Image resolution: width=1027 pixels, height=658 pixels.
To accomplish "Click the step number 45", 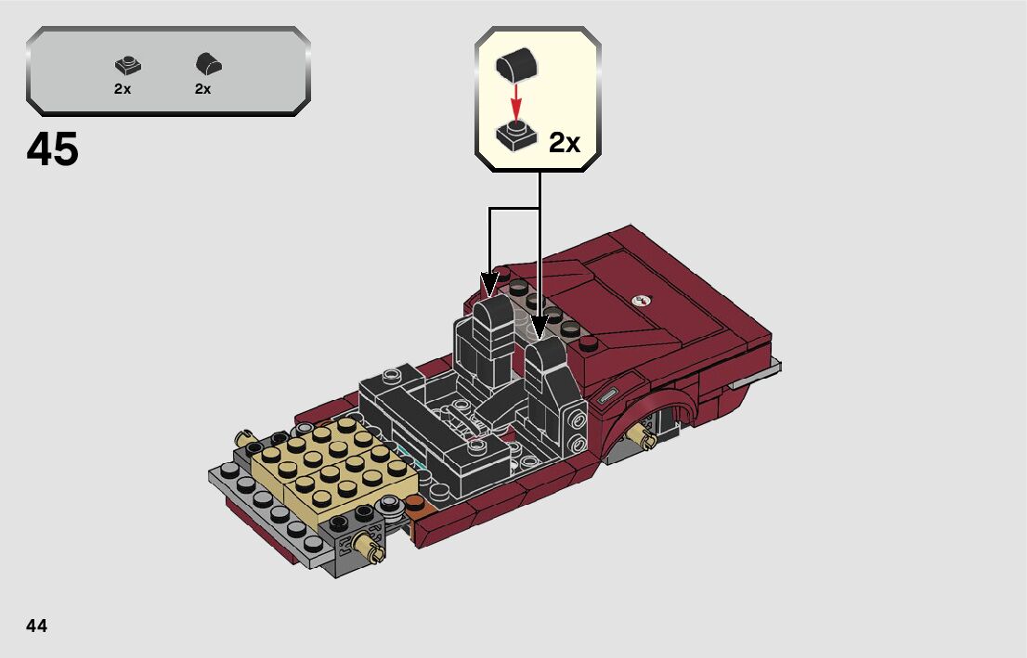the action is pyautogui.click(x=52, y=149).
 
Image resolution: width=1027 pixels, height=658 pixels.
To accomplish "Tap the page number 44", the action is pyautogui.click(x=37, y=626).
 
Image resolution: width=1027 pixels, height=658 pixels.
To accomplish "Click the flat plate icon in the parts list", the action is pyautogui.click(x=128, y=66).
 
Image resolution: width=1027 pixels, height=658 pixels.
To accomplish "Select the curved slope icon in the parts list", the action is pyautogui.click(x=208, y=64).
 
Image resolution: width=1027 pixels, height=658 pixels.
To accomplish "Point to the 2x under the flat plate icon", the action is pyautogui.click(x=123, y=89).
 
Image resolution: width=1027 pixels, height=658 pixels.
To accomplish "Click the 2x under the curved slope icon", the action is pyautogui.click(x=203, y=89).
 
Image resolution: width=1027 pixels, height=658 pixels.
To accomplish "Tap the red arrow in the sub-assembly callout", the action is pyautogui.click(x=517, y=101).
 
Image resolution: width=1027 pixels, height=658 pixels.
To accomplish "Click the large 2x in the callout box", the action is pyautogui.click(x=565, y=142).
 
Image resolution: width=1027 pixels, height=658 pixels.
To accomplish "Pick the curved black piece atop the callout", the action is pyautogui.click(x=517, y=66).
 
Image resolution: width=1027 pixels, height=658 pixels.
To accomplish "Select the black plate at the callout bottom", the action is pyautogui.click(x=516, y=135).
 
